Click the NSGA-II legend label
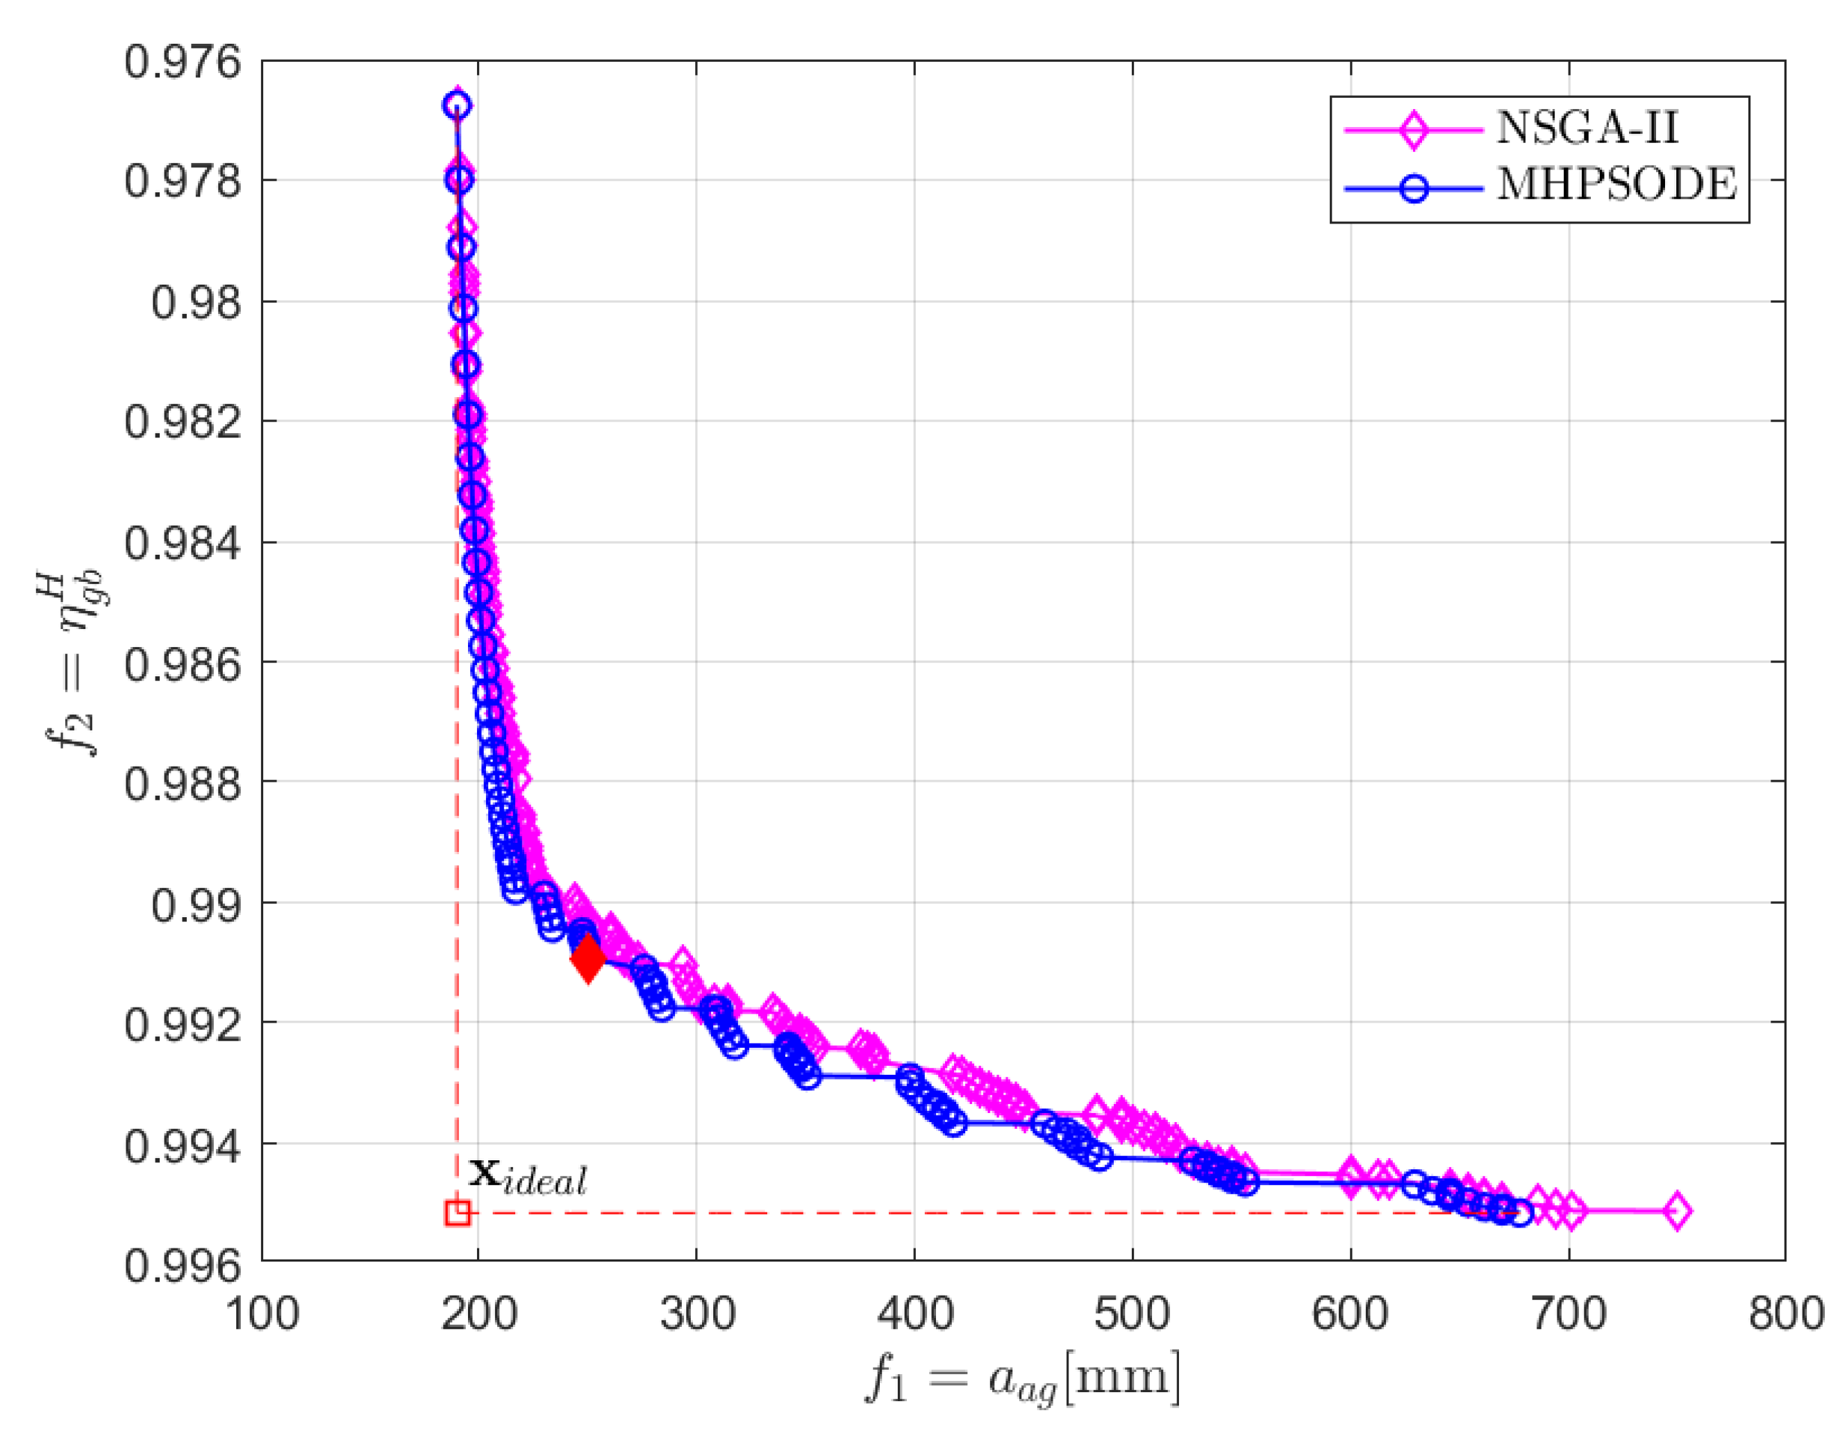pos(1586,128)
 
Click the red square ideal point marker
pos(458,1213)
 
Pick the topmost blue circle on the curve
pos(457,106)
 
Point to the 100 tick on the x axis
pos(262,1314)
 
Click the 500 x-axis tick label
pos(1132,1314)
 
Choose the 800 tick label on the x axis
pos(1785,1314)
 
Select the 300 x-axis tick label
pos(697,1314)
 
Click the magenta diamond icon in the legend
pos(1413,129)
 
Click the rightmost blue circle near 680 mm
pos(1520,1214)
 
